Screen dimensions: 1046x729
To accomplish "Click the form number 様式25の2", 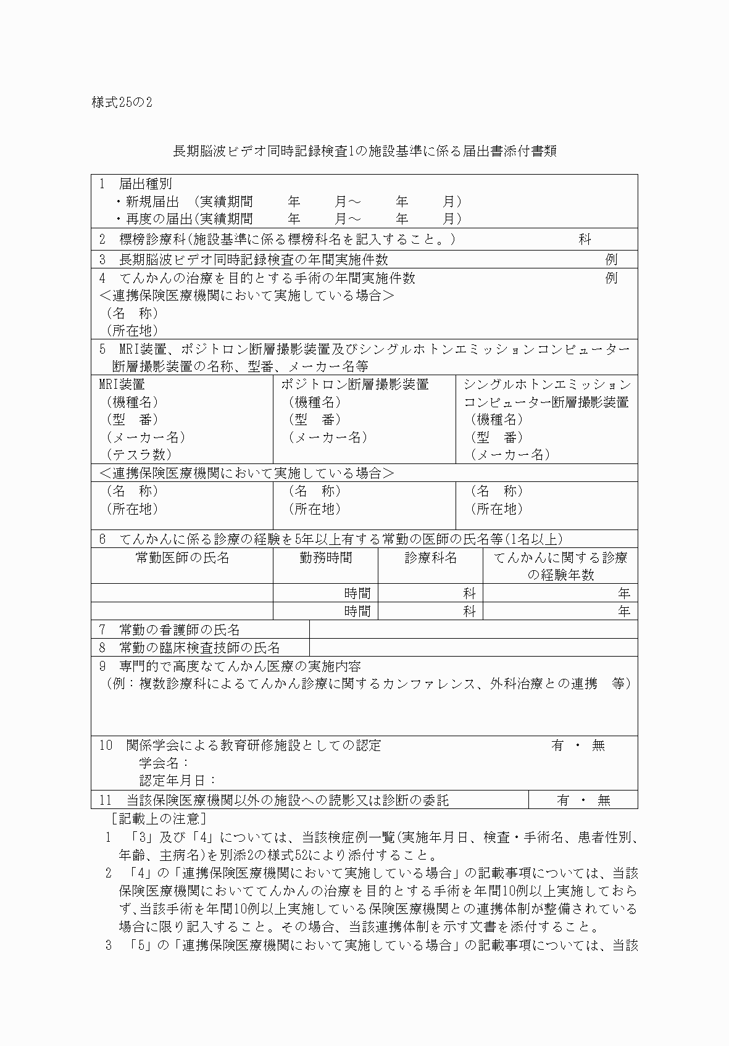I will pyautogui.click(x=122, y=102).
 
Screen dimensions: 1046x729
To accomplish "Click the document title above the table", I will pyautogui.click(x=364, y=151).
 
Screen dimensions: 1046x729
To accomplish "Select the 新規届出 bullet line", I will pyautogui.click(x=288, y=202).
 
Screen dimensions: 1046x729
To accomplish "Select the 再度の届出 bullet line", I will pyautogui.click(x=288, y=219).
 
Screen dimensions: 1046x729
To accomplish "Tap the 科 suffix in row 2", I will pyautogui.click(x=585, y=240).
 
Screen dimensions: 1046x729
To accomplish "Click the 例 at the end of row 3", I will pyautogui.click(x=611, y=260).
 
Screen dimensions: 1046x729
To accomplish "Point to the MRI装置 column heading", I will pyautogui.click(x=122, y=384).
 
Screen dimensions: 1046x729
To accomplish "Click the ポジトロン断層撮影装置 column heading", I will pyautogui.click(x=355, y=384).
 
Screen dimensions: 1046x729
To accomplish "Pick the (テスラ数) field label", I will pyautogui.click(x=139, y=455).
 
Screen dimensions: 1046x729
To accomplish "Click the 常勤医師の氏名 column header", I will pyautogui.click(x=182, y=558).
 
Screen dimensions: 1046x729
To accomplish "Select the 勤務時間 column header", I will pyautogui.click(x=325, y=558).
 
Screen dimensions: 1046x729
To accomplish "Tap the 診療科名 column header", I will pyautogui.click(x=430, y=558).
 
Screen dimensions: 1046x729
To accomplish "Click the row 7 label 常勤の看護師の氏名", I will pyautogui.click(x=179, y=630).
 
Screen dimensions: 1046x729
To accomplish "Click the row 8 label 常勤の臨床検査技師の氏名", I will pyautogui.click(x=199, y=648).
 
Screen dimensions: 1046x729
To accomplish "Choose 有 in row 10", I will pyautogui.click(x=557, y=745).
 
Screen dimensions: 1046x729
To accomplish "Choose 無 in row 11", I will pyautogui.click(x=604, y=800).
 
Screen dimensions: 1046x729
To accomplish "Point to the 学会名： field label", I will pyautogui.click(x=164, y=763).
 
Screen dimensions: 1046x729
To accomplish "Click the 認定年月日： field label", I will pyautogui.click(x=178, y=781).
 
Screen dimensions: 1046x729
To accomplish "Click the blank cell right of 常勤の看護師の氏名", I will pyautogui.click(x=473, y=630).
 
